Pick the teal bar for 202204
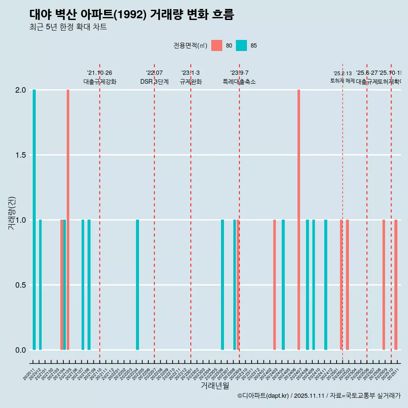pos(137,285)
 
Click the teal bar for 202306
pos(222,285)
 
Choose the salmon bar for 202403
pos(275,285)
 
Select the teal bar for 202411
pos(326,285)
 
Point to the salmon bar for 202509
pos(384,285)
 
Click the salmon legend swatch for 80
pos(217,45)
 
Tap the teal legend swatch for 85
pos(241,45)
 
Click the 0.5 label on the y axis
pos(20,285)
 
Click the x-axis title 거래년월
pos(215,386)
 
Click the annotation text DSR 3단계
pos(154,82)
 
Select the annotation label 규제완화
pos(190,82)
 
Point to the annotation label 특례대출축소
pos(239,82)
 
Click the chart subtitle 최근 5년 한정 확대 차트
pos(68,27)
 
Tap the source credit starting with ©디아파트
pos(319,396)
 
